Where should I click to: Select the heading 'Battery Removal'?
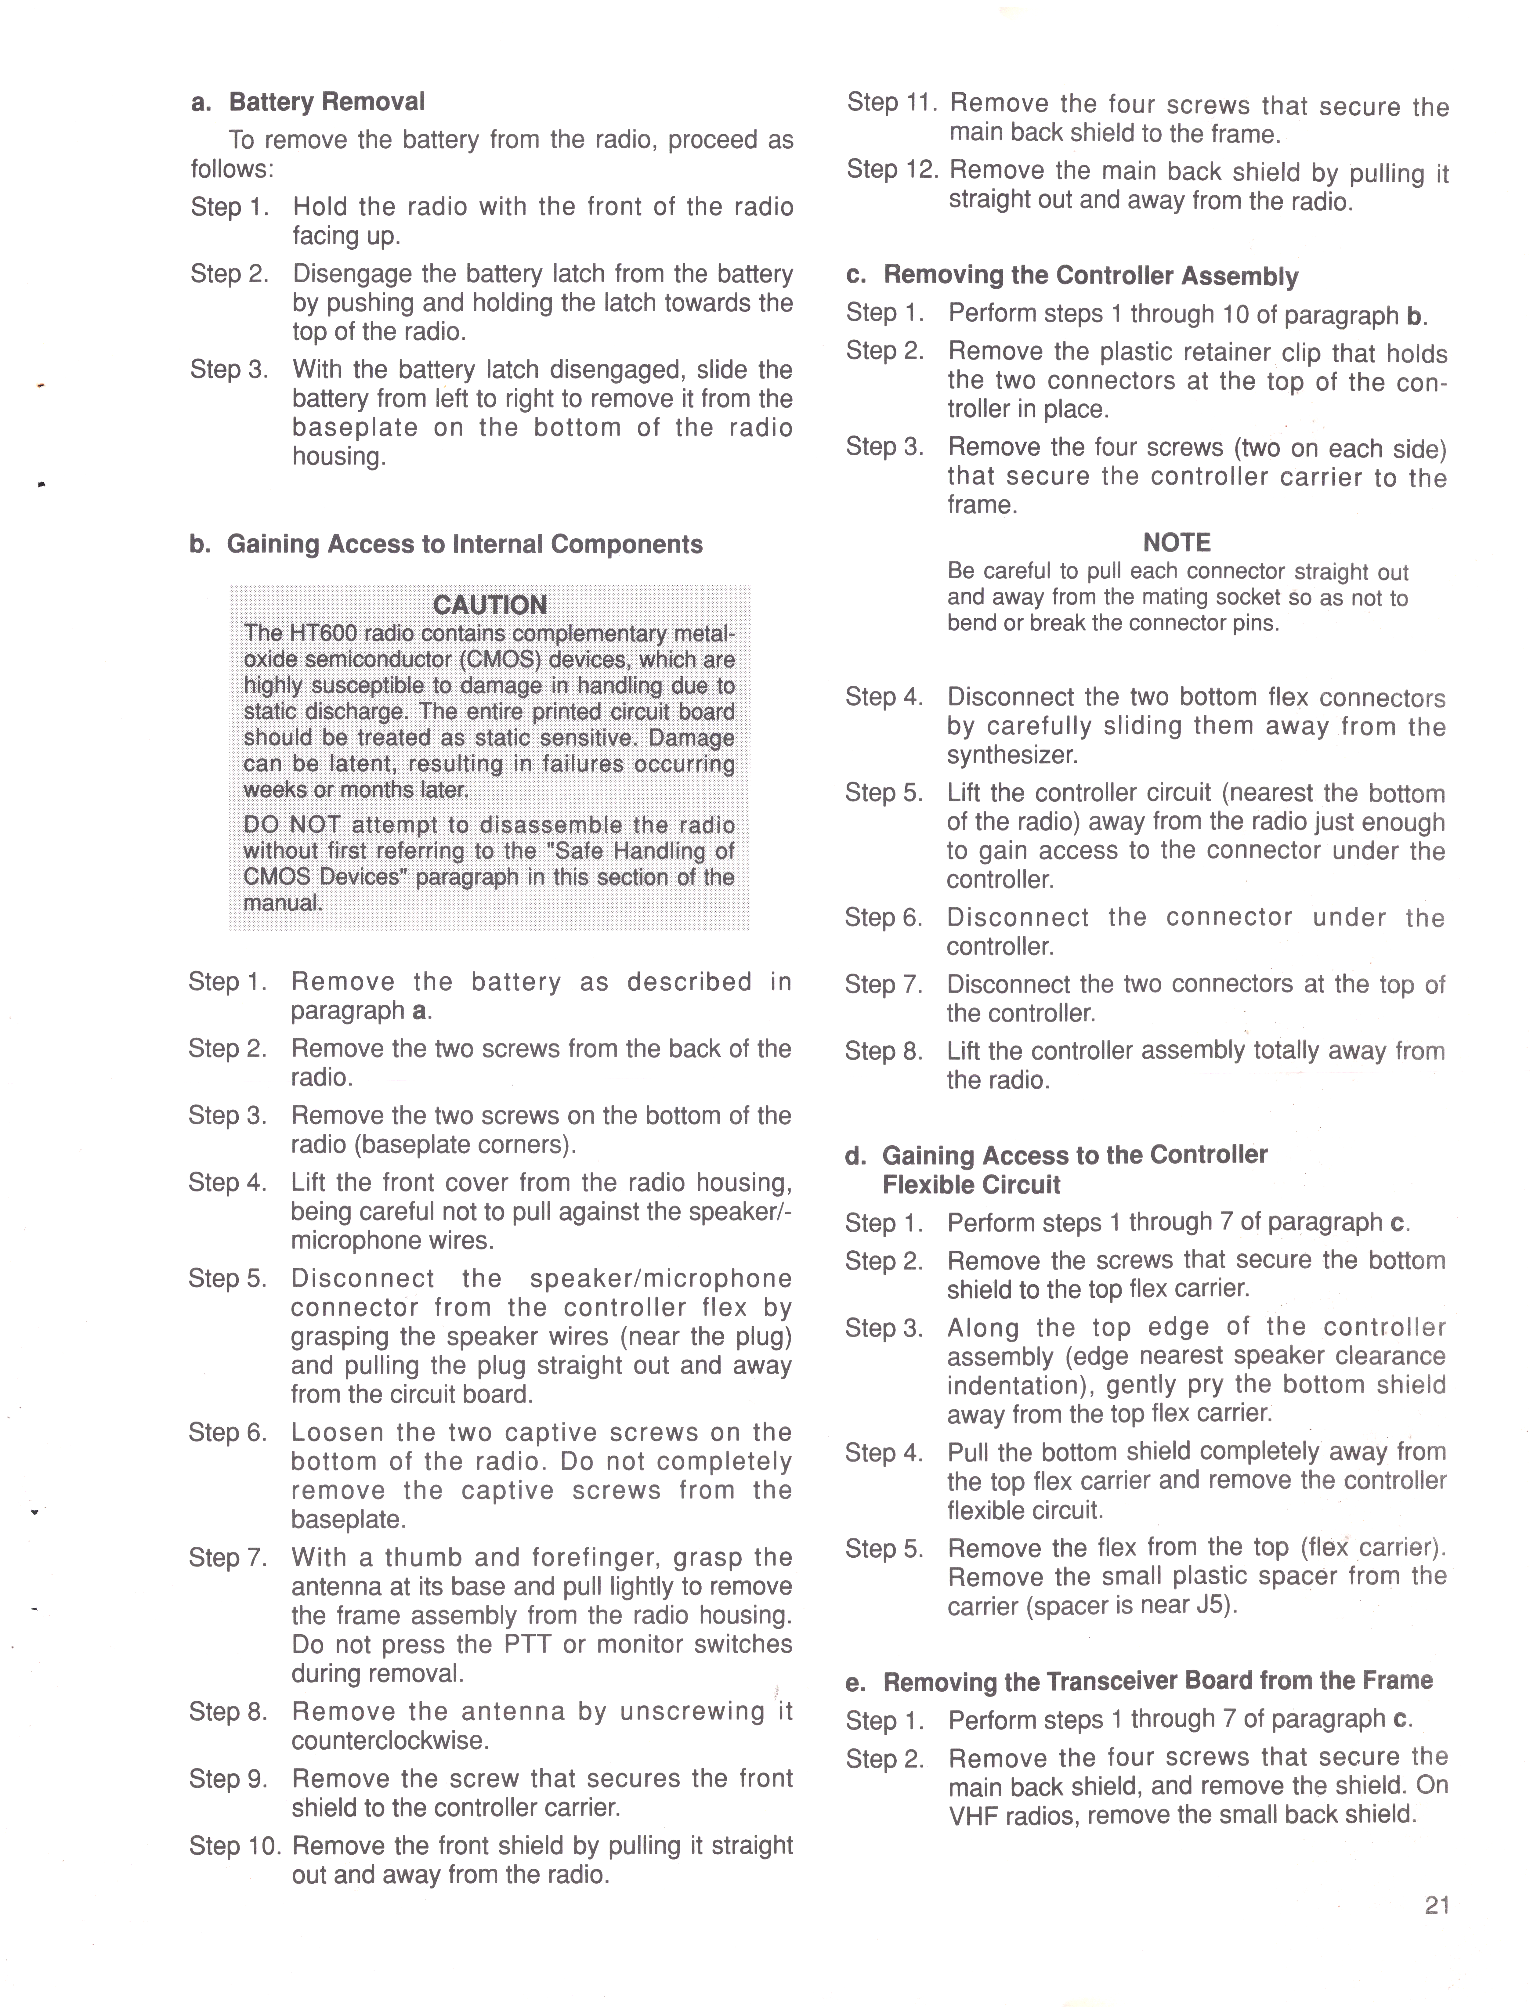click(327, 102)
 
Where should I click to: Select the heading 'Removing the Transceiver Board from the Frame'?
click(1157, 1681)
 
